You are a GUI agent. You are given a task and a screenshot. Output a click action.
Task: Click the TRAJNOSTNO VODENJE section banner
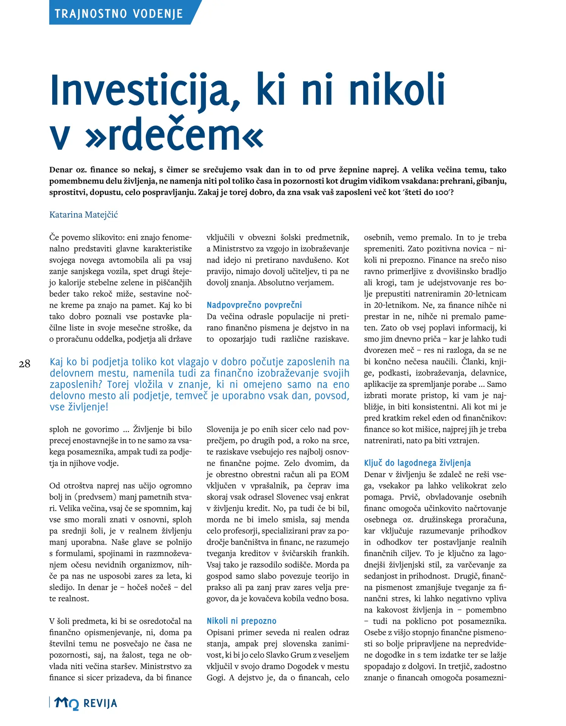(x=119, y=14)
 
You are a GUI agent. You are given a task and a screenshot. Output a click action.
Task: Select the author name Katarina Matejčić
(x=84, y=215)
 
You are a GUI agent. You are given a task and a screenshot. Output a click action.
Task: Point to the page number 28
(x=25, y=364)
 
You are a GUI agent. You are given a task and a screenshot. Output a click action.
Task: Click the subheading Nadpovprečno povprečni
(x=254, y=305)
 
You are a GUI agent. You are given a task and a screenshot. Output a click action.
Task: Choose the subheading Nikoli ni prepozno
(x=241, y=621)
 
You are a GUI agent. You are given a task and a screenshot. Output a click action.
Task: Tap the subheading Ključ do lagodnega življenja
(x=417, y=463)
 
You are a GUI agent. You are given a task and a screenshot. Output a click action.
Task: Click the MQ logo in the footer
(x=66, y=703)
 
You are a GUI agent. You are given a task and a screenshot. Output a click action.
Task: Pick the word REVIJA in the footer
(x=100, y=704)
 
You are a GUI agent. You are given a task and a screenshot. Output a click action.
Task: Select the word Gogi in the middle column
(x=215, y=678)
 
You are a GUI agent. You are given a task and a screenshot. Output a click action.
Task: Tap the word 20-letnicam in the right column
(x=485, y=294)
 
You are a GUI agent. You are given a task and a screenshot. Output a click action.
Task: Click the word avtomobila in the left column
(x=128, y=260)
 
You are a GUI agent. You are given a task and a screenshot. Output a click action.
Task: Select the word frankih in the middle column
(x=335, y=554)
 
